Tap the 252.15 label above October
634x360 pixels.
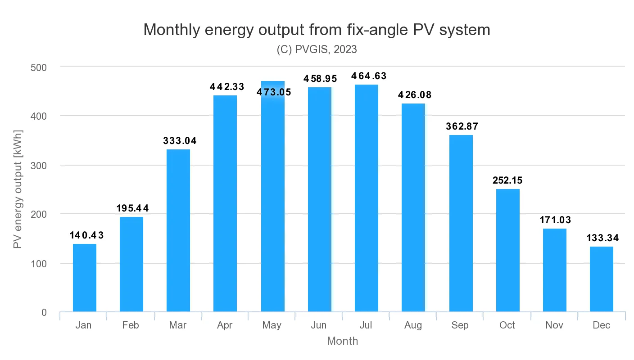point(507,180)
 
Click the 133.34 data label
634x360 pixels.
point(602,238)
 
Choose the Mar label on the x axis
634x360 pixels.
point(178,325)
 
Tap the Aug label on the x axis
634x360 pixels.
point(413,325)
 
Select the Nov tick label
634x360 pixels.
point(554,325)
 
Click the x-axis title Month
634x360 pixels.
point(342,341)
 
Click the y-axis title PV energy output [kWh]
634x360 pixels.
point(18,189)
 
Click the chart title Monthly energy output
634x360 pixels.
point(317,30)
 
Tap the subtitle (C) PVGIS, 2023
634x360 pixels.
point(317,49)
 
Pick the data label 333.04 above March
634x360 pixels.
point(179,141)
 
